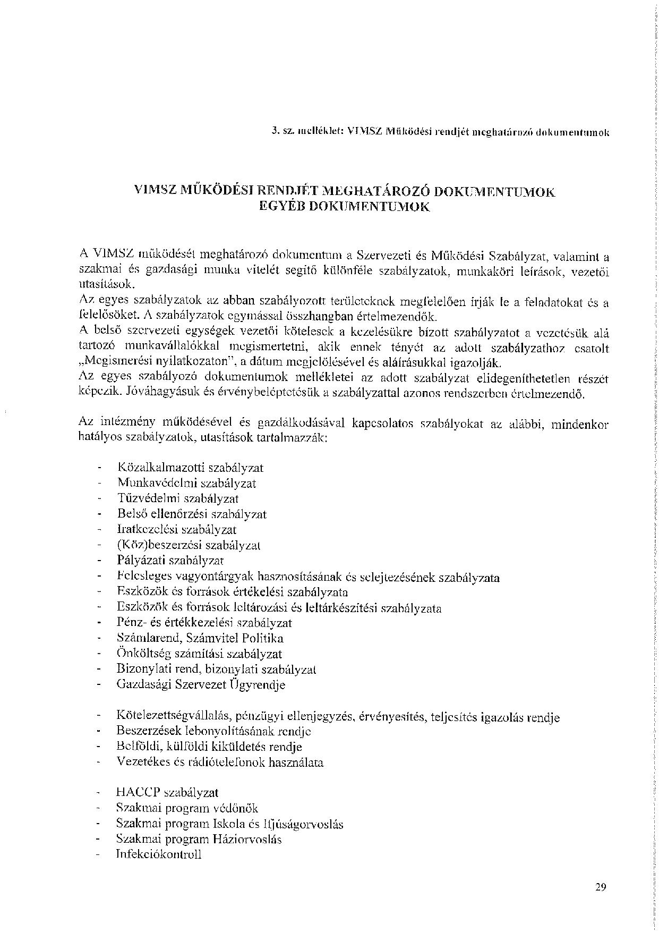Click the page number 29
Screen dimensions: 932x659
[x=601, y=886]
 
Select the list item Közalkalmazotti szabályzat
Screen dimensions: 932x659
[x=190, y=468]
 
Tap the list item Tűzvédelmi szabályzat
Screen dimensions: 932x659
[x=178, y=498]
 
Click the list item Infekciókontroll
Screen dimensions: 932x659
[x=159, y=855]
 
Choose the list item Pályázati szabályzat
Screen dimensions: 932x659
[x=170, y=560]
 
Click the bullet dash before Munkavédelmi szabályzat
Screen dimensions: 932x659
[x=99, y=484]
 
